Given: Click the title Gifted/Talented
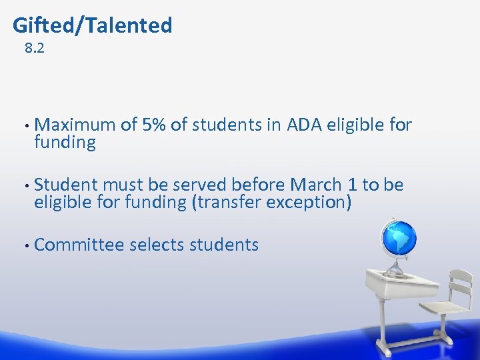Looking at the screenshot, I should point(93,25).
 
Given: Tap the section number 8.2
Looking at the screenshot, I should point(34,48).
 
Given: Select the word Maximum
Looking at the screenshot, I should point(75,125).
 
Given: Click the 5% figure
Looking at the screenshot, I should point(154,125).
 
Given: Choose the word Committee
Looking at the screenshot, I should point(79,245).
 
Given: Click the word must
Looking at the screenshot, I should point(121,185).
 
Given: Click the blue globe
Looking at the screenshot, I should point(398,238).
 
